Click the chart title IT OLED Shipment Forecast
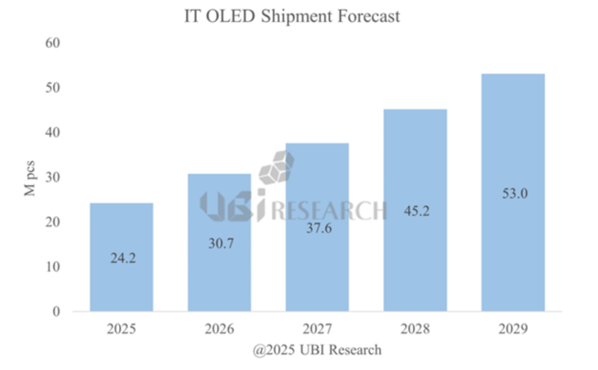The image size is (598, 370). click(292, 16)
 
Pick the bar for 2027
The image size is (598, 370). click(317, 270)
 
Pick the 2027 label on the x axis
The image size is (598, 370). click(317, 330)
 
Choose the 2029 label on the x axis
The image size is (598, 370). click(513, 330)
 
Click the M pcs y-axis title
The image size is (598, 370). click(31, 177)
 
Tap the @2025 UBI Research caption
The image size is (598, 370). click(317, 350)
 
